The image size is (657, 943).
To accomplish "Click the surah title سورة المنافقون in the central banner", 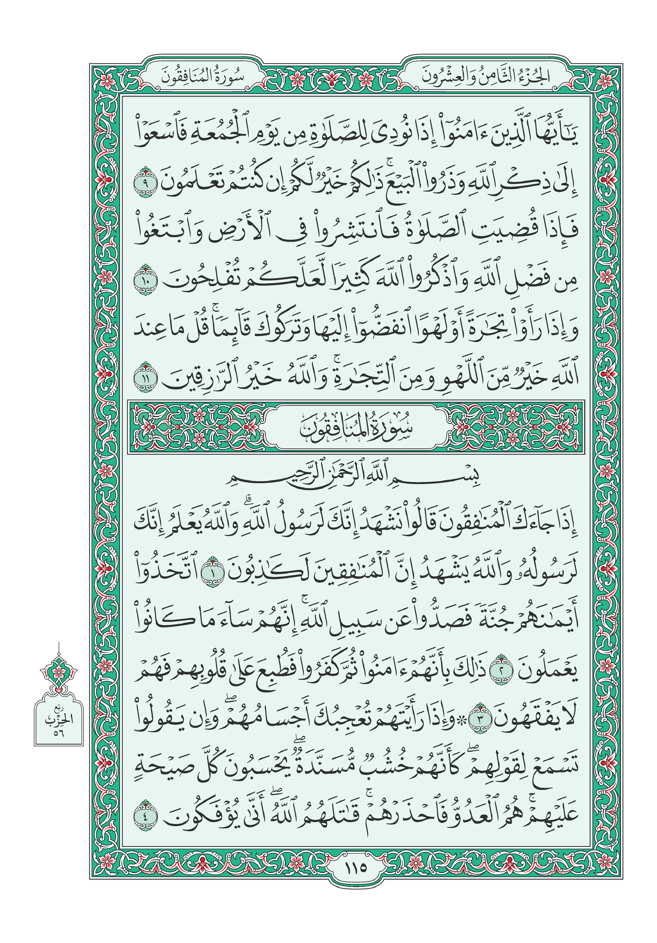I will click(356, 428).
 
